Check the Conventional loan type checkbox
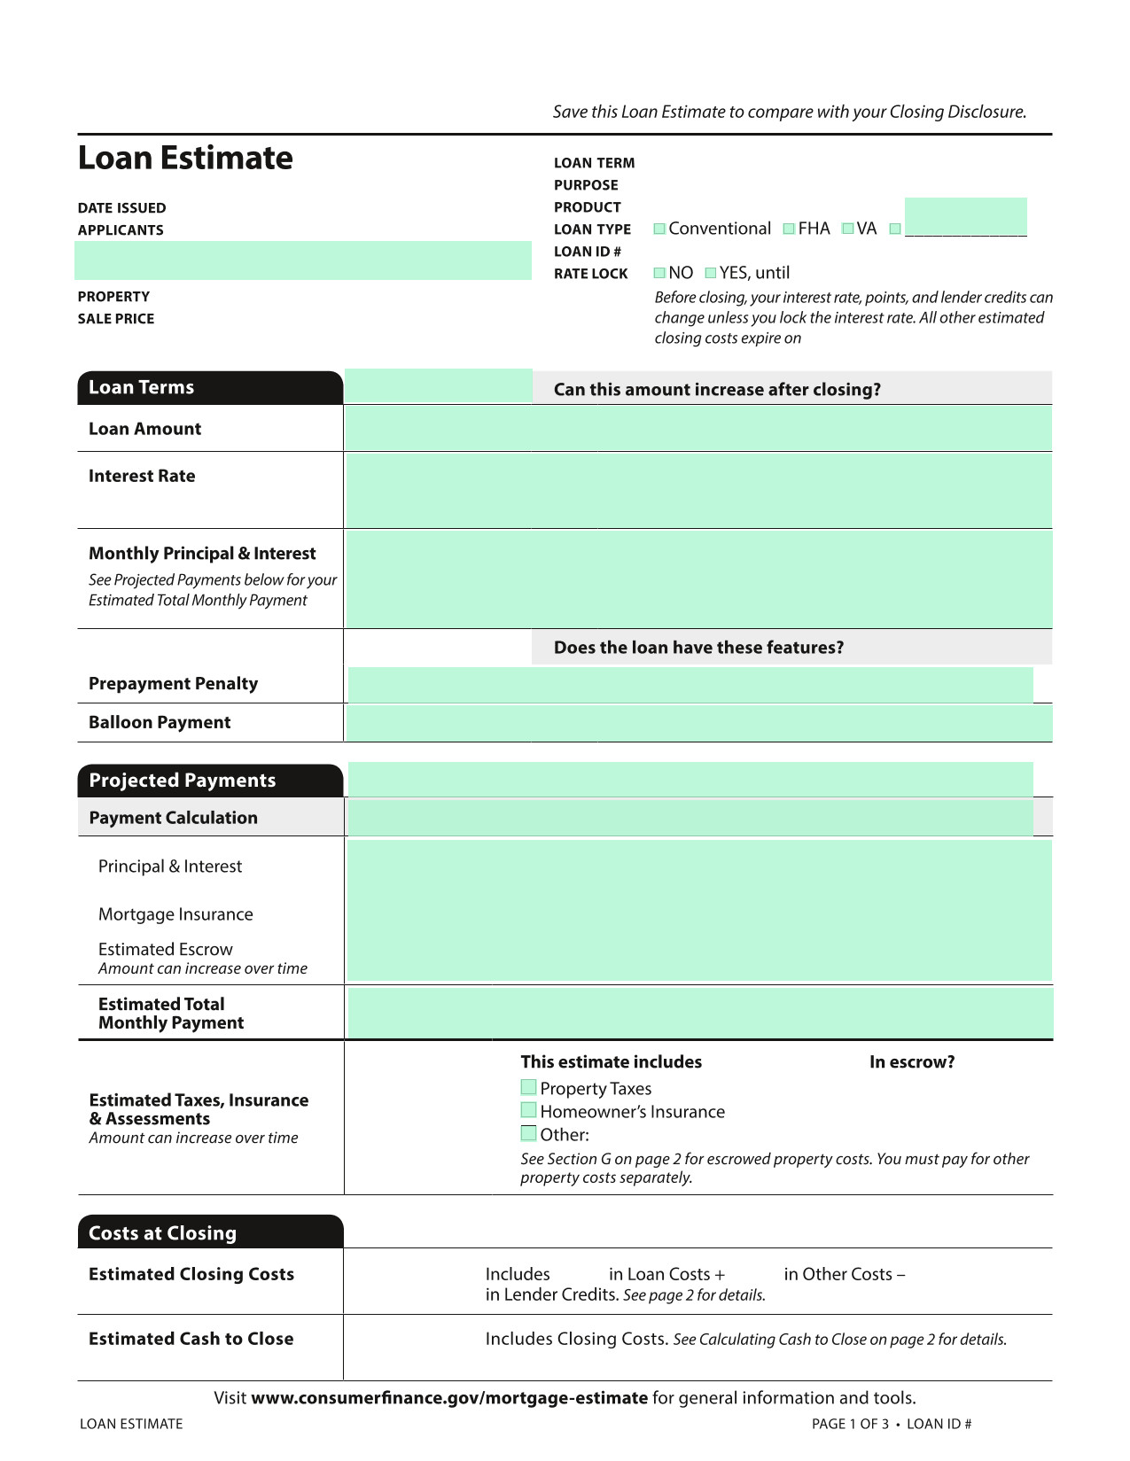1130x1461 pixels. click(x=659, y=229)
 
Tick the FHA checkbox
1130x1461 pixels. click(x=789, y=229)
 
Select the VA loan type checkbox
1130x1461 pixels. click(x=847, y=229)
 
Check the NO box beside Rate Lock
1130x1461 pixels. click(x=659, y=273)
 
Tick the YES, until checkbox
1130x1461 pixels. click(x=710, y=273)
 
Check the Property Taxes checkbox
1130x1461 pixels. click(x=529, y=1087)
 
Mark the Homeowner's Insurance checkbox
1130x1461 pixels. click(x=529, y=1110)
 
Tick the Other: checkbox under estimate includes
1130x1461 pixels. click(x=529, y=1133)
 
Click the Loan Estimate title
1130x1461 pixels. click(x=185, y=158)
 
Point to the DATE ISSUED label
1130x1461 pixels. click(x=121, y=208)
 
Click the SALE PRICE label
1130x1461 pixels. click(x=116, y=319)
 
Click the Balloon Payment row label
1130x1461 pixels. click(x=160, y=722)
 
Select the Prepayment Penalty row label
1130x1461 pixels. click(x=174, y=683)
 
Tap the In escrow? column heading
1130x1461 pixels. click(x=912, y=1061)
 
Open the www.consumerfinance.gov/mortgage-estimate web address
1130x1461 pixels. click(x=449, y=1398)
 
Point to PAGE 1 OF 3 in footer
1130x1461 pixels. click(x=849, y=1424)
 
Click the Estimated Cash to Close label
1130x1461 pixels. click(x=191, y=1339)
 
